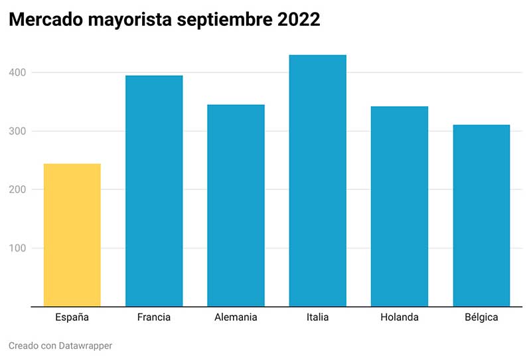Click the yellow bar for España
(72, 235)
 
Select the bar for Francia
(154, 191)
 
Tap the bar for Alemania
(236, 206)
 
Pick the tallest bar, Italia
(317, 181)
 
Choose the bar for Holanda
(400, 207)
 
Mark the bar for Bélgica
(481, 216)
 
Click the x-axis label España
(72, 317)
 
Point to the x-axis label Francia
(154, 317)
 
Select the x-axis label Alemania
(236, 317)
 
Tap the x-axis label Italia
(317, 317)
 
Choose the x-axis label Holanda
(400, 317)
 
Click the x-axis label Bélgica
(481, 317)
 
